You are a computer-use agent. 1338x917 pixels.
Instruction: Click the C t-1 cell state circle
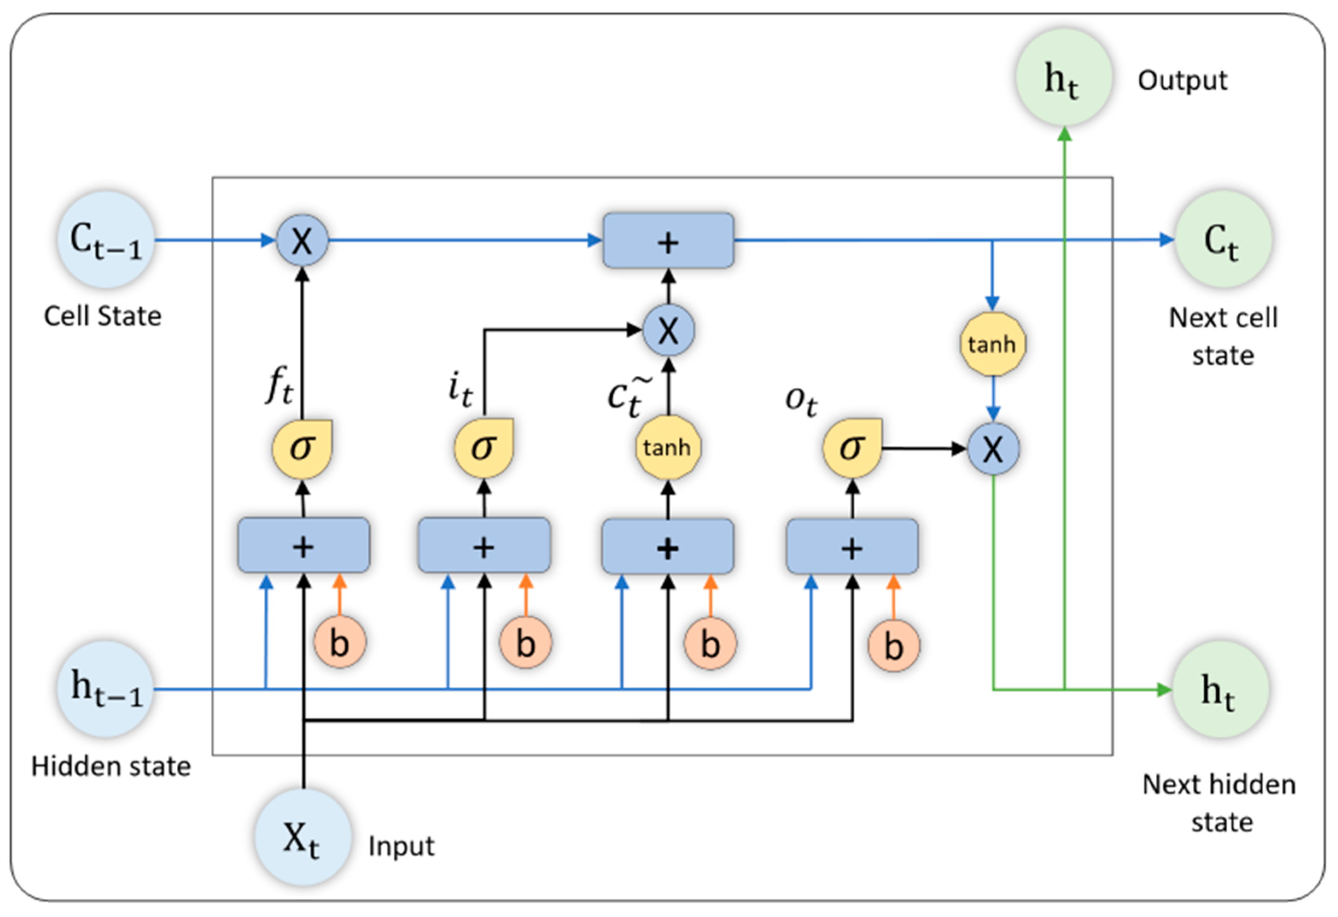click(x=106, y=240)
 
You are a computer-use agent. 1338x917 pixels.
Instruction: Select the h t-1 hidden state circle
click(x=106, y=689)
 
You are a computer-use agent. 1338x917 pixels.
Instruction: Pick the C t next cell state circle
click(x=1223, y=240)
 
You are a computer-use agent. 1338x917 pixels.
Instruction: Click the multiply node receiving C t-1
click(x=302, y=240)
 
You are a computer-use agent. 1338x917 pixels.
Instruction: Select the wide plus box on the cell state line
click(x=668, y=241)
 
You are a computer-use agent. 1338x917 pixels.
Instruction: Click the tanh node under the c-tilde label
click(x=668, y=448)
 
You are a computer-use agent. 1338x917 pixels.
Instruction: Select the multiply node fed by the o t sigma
click(x=993, y=449)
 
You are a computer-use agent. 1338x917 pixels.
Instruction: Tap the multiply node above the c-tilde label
click(x=668, y=331)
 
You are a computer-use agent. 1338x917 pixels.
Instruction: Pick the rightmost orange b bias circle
click(x=894, y=645)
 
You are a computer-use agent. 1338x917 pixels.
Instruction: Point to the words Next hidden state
click(x=1219, y=803)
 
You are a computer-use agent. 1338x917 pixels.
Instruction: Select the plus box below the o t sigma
click(x=852, y=547)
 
